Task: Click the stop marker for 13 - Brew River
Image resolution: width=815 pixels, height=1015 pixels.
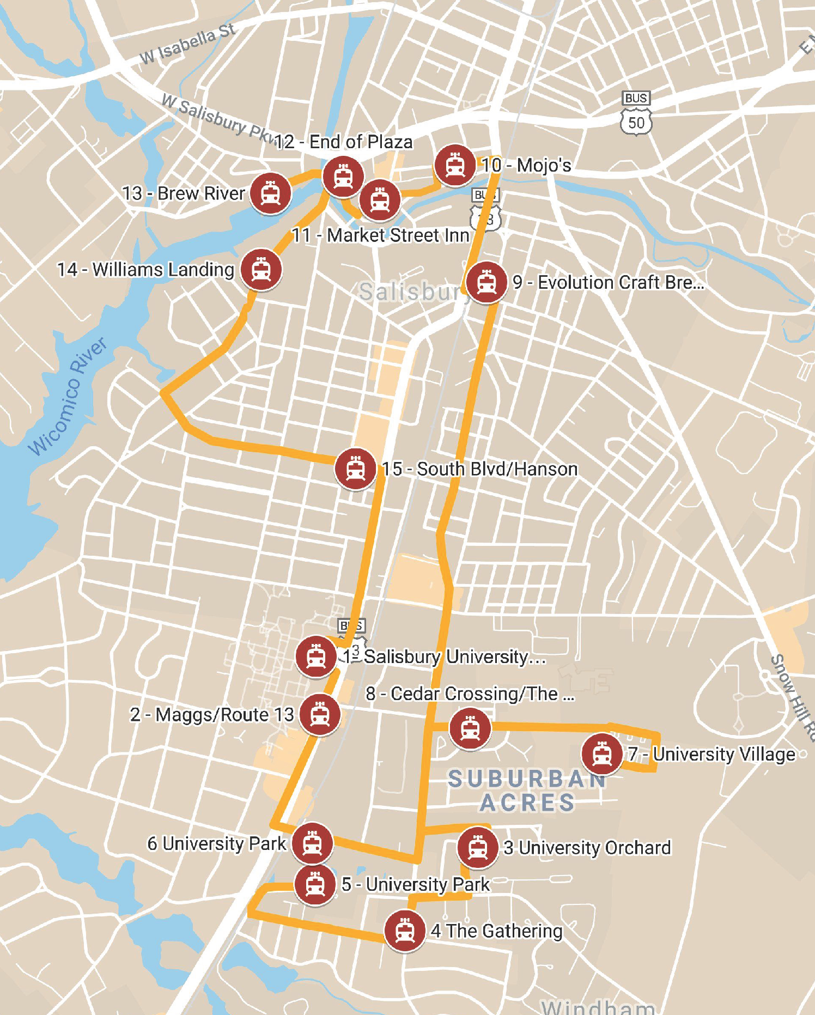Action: click(270, 193)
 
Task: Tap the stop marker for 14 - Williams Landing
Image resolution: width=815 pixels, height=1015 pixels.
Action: click(261, 270)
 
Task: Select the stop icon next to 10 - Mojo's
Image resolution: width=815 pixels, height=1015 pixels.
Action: click(455, 165)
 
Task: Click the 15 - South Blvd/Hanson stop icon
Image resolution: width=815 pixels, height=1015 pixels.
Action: click(356, 469)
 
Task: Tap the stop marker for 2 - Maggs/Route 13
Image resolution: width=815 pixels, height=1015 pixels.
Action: click(320, 714)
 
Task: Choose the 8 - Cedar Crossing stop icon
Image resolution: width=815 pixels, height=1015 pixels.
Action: click(470, 728)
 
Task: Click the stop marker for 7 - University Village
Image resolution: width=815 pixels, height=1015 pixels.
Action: click(602, 754)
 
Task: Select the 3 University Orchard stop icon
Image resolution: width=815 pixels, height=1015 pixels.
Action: click(478, 847)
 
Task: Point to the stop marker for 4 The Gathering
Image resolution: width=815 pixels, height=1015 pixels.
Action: click(404, 931)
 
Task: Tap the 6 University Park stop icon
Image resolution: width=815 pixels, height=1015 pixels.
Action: click(312, 843)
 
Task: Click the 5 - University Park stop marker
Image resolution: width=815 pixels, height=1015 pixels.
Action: click(315, 884)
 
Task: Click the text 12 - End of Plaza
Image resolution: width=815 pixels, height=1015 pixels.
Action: click(344, 142)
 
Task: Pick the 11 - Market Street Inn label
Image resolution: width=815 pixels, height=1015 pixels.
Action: click(380, 235)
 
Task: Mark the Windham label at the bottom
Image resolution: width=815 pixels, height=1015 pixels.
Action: click(598, 1006)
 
